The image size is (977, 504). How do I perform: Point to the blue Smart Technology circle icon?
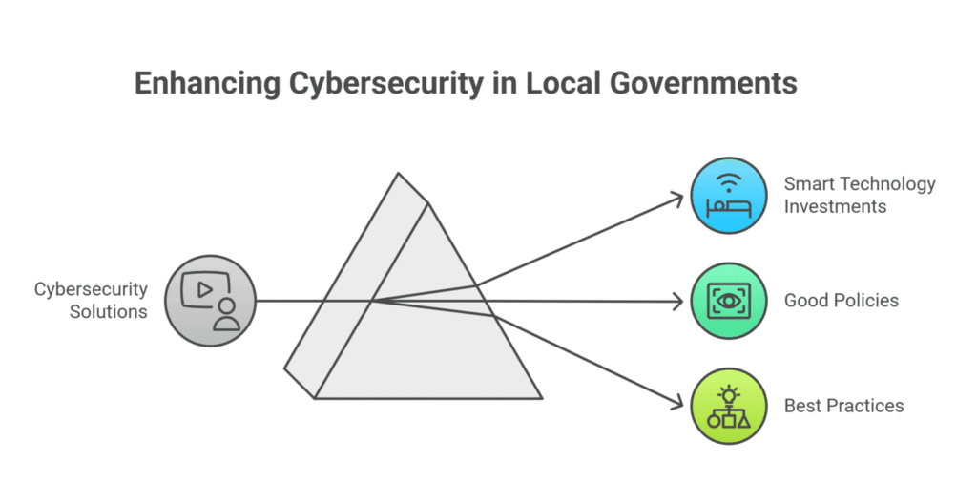[729, 196]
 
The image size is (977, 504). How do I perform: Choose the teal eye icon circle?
[729, 301]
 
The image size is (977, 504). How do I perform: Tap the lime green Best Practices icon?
[729, 406]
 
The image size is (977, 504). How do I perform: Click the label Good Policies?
[841, 301]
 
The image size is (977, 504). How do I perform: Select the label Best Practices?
[843, 406]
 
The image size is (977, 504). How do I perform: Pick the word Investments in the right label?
[835, 206]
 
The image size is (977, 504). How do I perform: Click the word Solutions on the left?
[108, 311]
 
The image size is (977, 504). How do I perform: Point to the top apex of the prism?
[398, 174]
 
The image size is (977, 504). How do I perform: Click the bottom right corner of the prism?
[541, 397]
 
